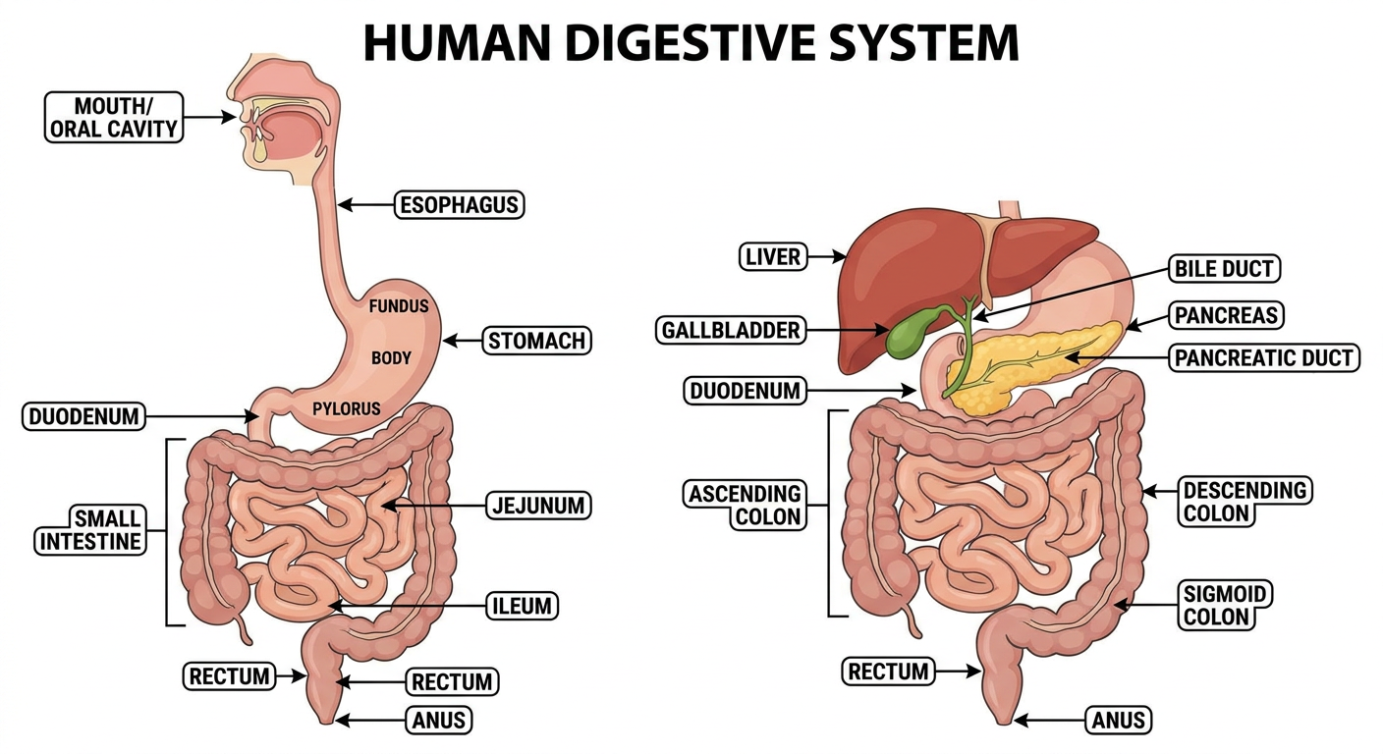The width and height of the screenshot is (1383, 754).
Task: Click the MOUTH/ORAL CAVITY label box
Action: [114, 117]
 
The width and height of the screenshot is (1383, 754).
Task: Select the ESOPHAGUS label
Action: [460, 205]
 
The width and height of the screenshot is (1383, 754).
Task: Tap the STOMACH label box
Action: [536, 341]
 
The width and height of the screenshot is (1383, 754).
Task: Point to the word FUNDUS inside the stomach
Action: [398, 306]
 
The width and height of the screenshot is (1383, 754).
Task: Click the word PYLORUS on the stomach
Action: [347, 408]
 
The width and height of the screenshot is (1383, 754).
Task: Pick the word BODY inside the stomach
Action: [391, 358]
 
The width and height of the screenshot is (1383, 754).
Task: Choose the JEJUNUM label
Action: [538, 506]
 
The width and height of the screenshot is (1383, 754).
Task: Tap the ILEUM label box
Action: [522, 606]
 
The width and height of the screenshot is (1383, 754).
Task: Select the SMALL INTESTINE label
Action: [90, 530]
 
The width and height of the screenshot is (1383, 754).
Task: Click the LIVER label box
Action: [773, 256]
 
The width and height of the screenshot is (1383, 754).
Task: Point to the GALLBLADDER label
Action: [731, 330]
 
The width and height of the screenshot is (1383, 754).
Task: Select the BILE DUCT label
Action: [1224, 268]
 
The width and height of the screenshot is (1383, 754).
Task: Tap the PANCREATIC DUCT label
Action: [1264, 358]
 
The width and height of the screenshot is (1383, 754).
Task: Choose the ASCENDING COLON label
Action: [746, 506]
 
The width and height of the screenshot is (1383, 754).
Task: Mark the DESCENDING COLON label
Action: [1245, 502]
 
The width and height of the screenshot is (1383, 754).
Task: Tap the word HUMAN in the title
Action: [457, 42]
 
